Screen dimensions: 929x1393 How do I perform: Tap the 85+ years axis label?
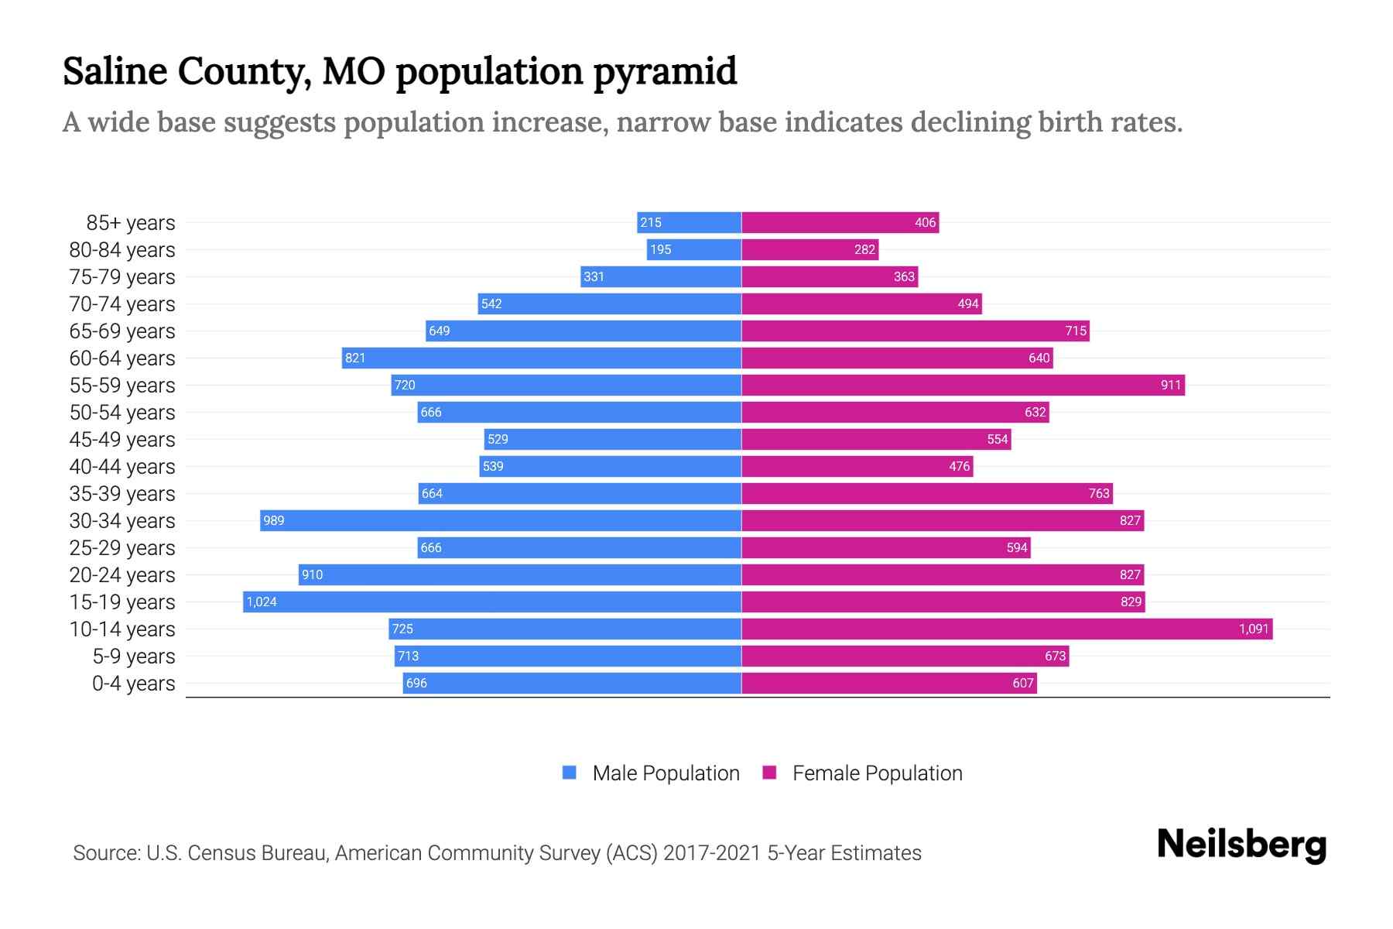tap(130, 223)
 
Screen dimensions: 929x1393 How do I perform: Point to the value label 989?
tap(274, 520)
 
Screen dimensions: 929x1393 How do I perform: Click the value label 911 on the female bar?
tap(1170, 385)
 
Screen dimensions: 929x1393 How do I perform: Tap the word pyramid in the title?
tap(665, 72)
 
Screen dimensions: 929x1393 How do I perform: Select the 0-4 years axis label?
tap(133, 684)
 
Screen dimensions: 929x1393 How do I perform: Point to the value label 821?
tap(355, 358)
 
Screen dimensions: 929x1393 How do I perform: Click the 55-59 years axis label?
tap(122, 386)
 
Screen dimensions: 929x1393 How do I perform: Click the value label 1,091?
tap(1253, 629)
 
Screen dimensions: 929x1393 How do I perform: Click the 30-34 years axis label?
tap(122, 521)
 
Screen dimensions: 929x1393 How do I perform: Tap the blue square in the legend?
tap(570, 773)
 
